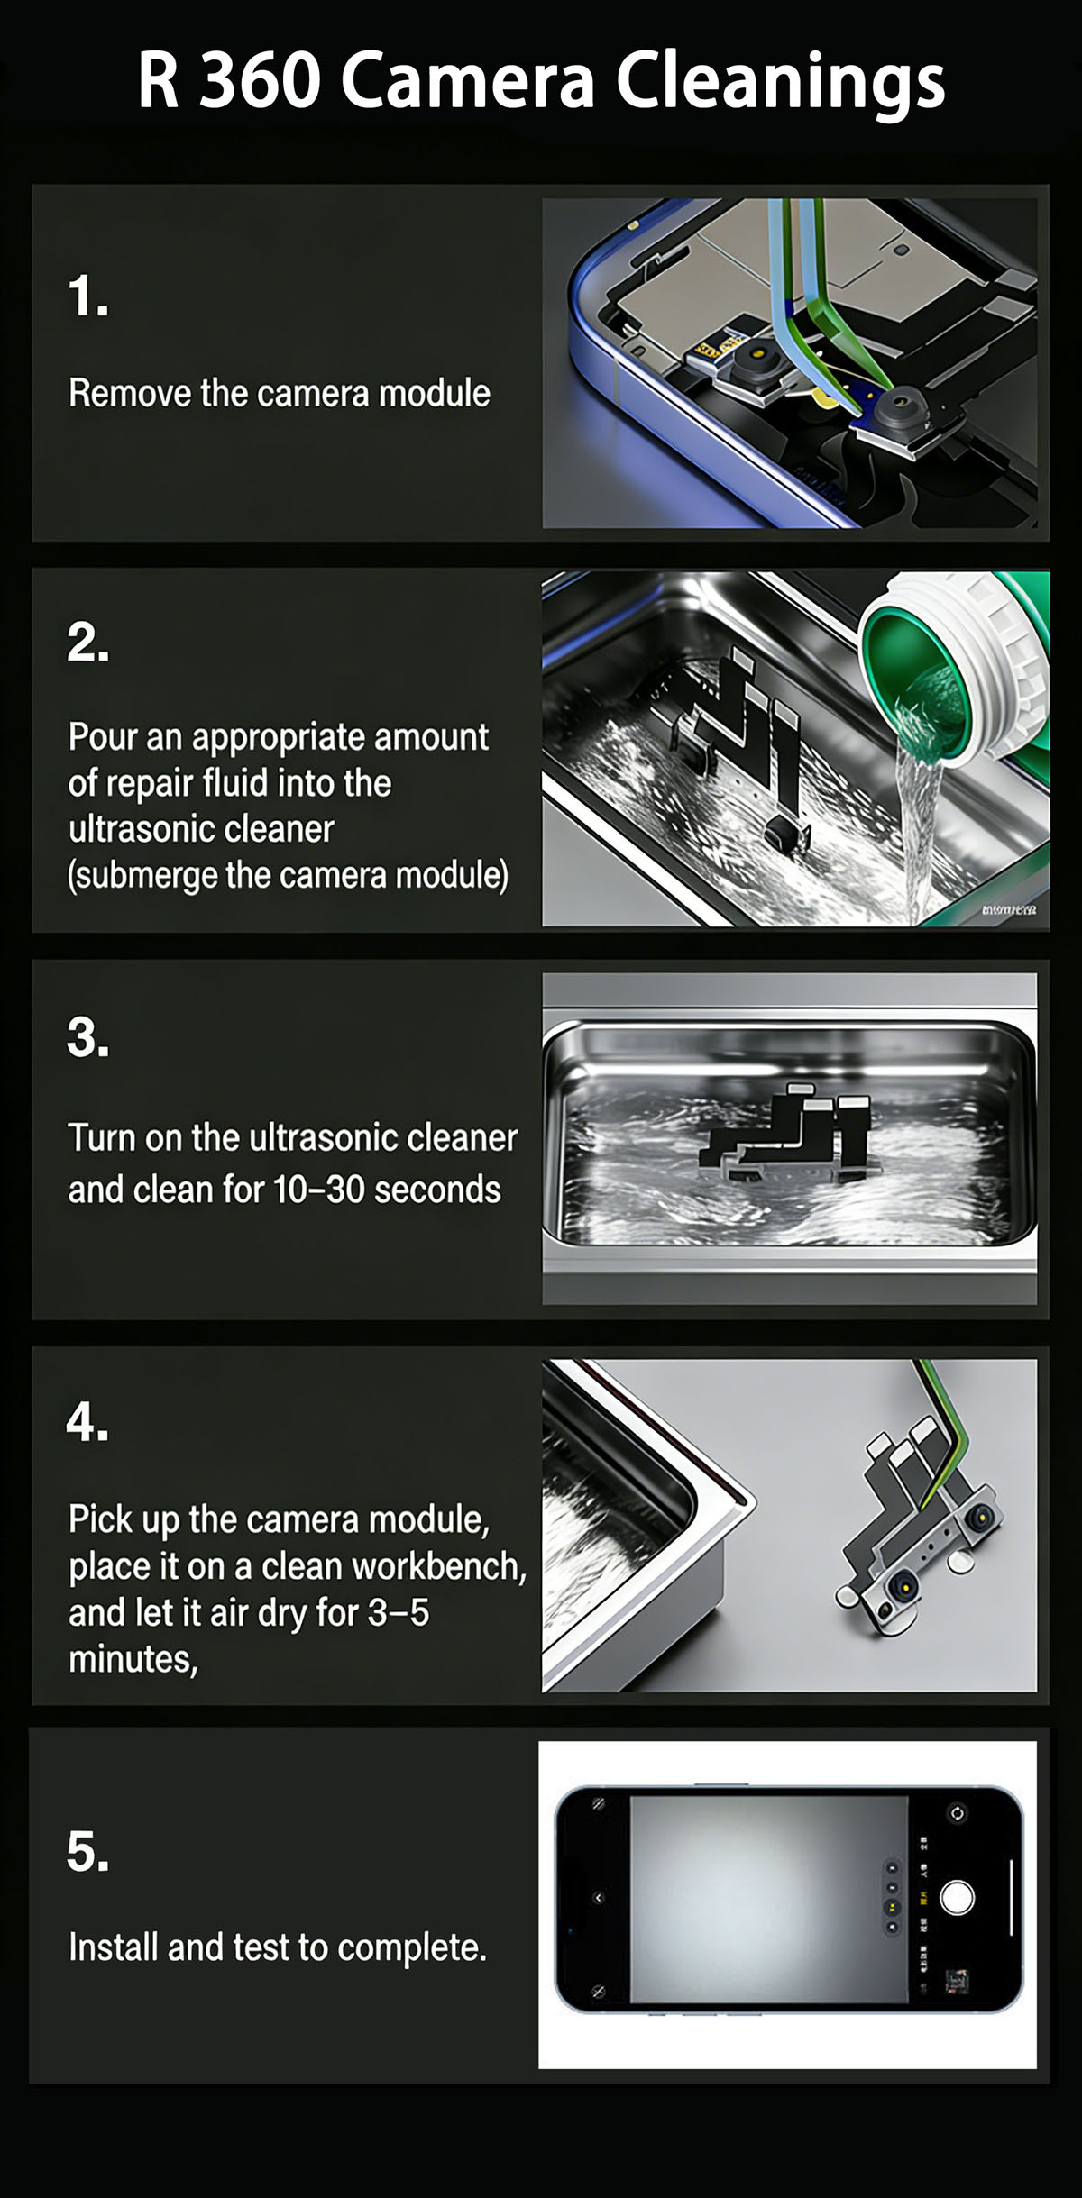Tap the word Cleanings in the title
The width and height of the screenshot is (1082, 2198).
[x=780, y=83]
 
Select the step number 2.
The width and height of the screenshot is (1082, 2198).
[x=88, y=643]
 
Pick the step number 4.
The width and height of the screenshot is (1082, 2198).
[x=88, y=1422]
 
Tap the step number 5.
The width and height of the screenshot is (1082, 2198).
[x=88, y=1853]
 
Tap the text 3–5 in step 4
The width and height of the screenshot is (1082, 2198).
[x=399, y=1613]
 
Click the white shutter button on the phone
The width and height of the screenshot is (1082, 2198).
[x=957, y=1897]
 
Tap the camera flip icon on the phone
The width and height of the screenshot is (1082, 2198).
[x=957, y=1813]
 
